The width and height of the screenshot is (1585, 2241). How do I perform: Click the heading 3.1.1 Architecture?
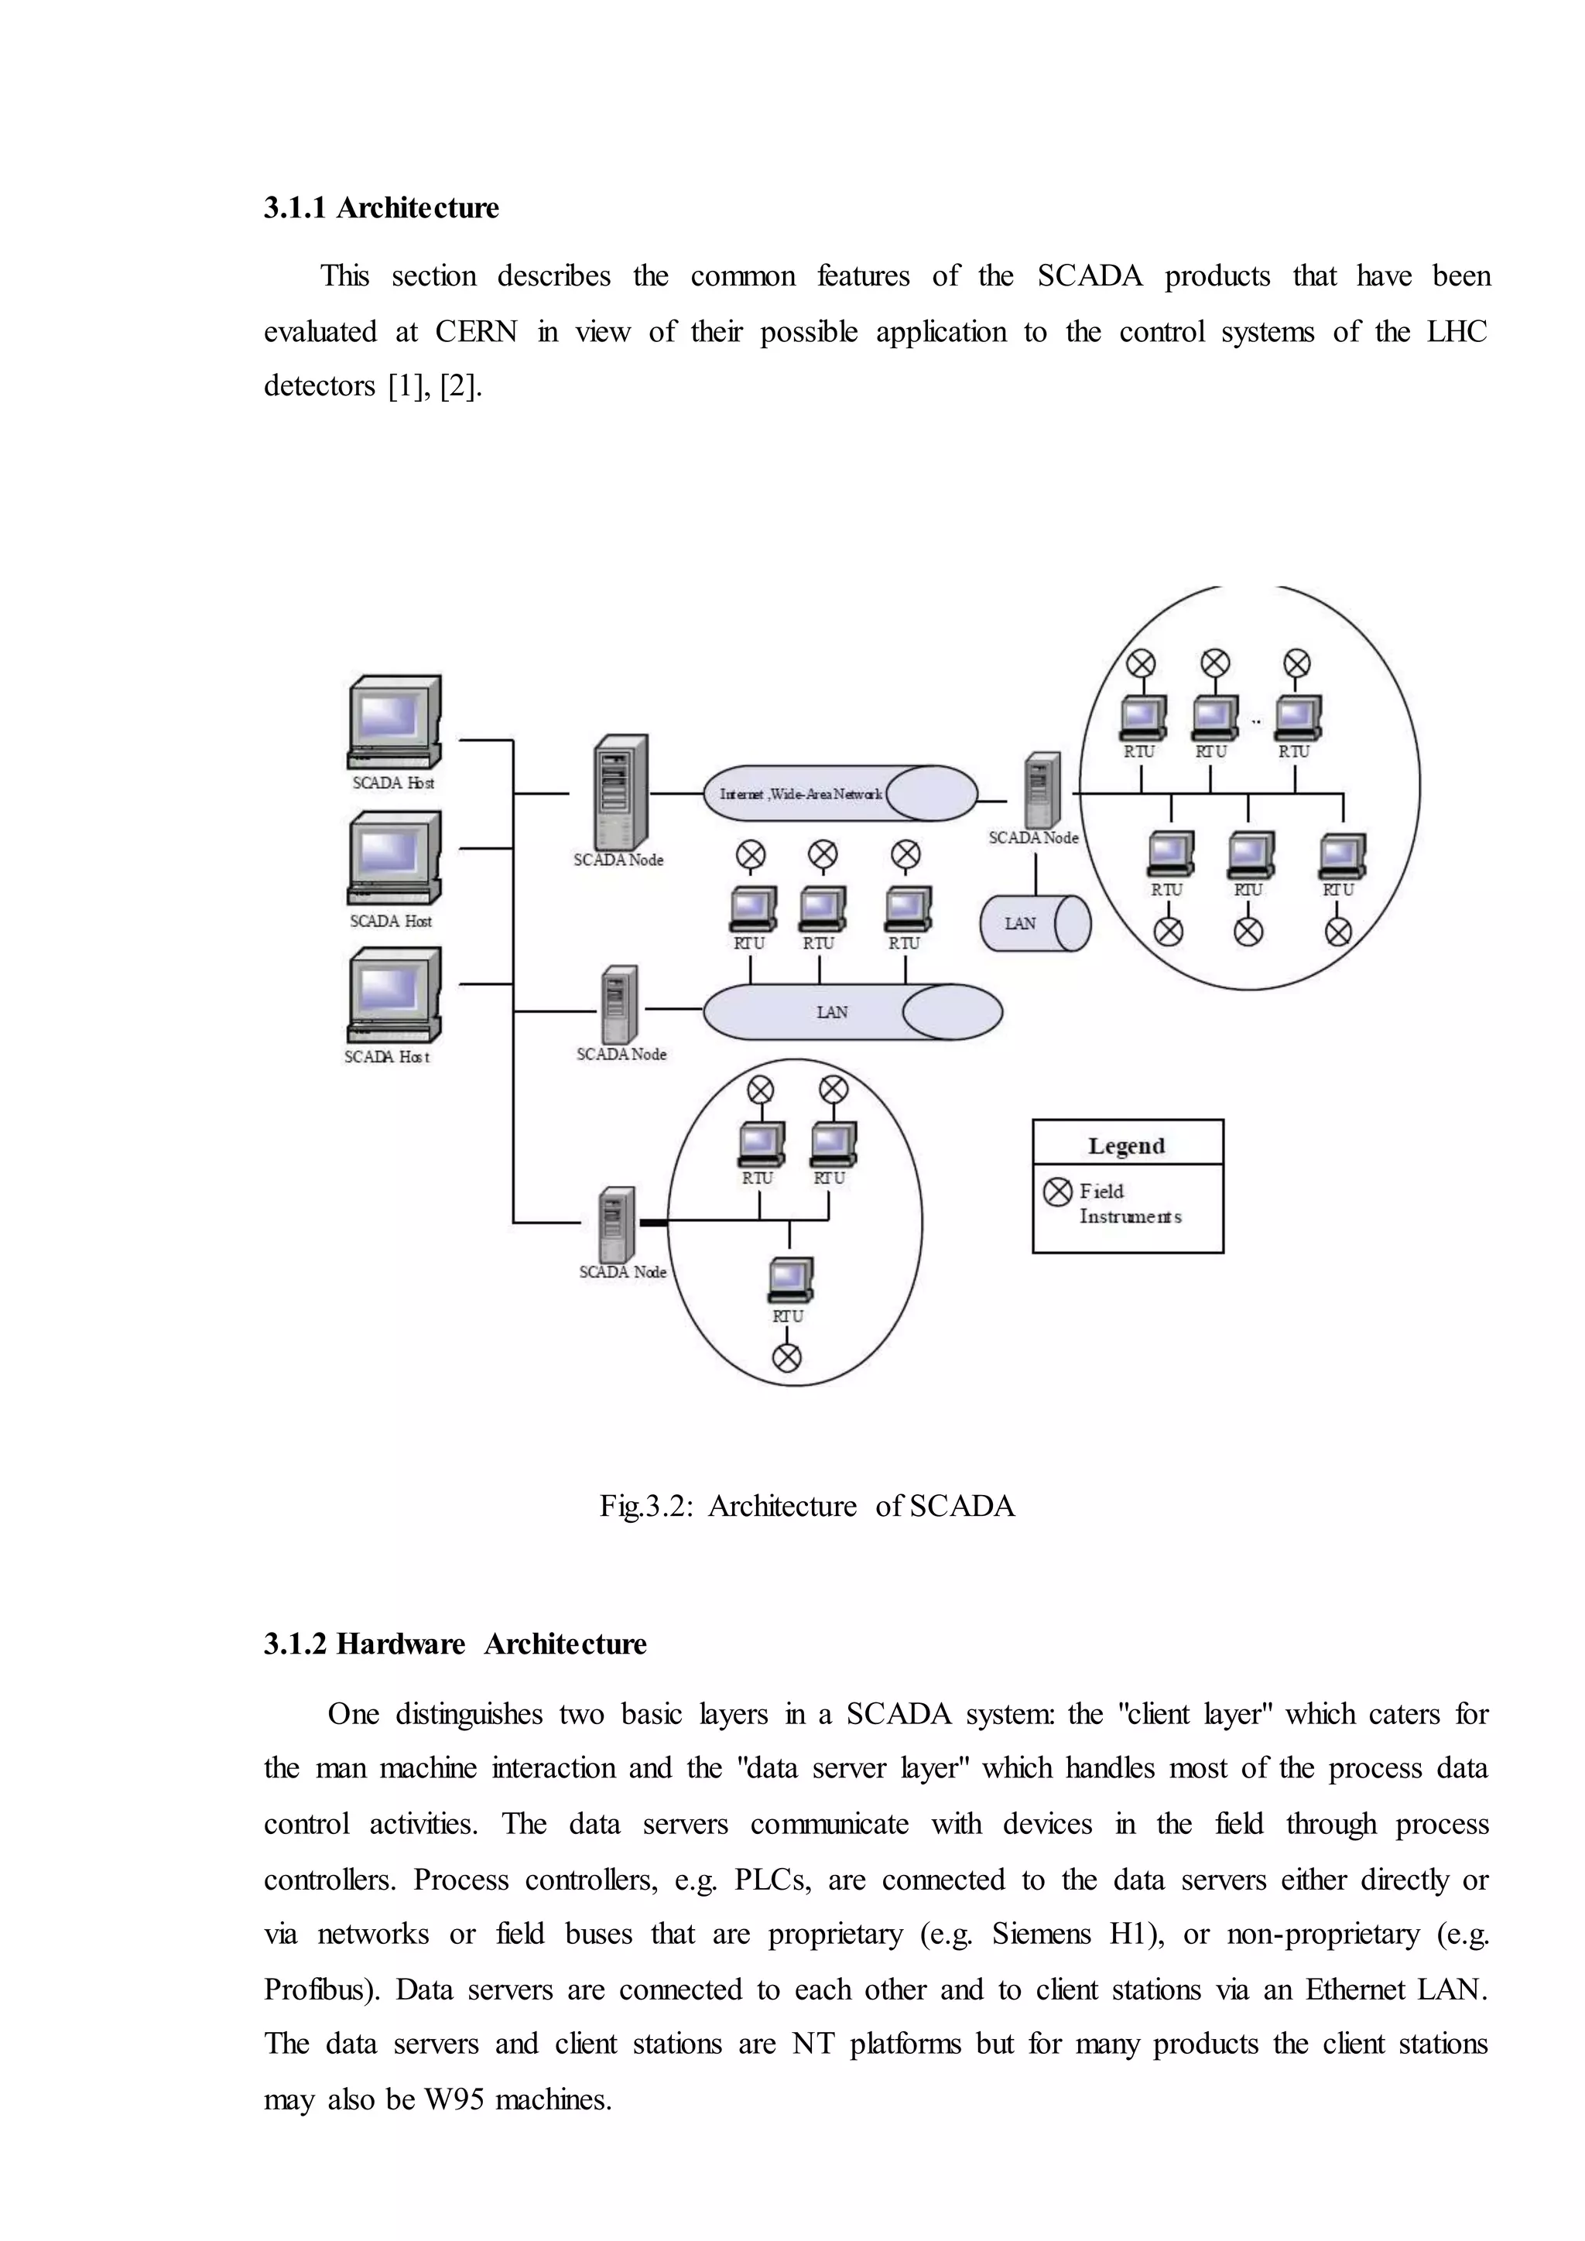coord(381,208)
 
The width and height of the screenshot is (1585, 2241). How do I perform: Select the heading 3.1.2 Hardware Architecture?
coord(455,1644)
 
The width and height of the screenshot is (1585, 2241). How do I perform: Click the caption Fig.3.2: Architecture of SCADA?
coord(807,1505)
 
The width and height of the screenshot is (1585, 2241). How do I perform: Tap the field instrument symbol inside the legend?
coord(1057,1192)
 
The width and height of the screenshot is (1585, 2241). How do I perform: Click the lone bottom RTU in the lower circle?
coord(789,1281)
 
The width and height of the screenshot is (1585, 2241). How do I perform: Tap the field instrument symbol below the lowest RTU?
coord(786,1358)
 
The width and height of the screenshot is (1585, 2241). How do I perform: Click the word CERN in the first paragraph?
coord(475,332)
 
